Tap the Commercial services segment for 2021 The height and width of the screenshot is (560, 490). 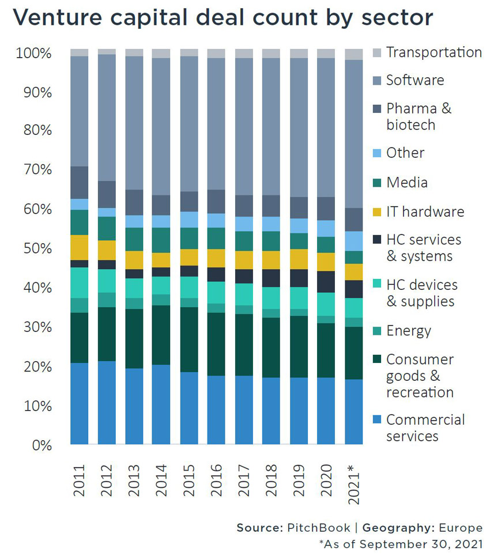pos(353,411)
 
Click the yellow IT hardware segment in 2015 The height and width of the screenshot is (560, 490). pos(189,257)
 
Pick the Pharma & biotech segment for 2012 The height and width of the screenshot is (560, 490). pos(107,194)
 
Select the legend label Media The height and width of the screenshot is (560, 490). pos(407,183)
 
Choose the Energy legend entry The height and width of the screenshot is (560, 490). pos(409,331)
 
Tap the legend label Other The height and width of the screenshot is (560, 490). pos(405,153)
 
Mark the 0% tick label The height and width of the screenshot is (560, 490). pos(41,445)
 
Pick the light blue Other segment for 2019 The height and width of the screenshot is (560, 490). pos(299,226)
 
